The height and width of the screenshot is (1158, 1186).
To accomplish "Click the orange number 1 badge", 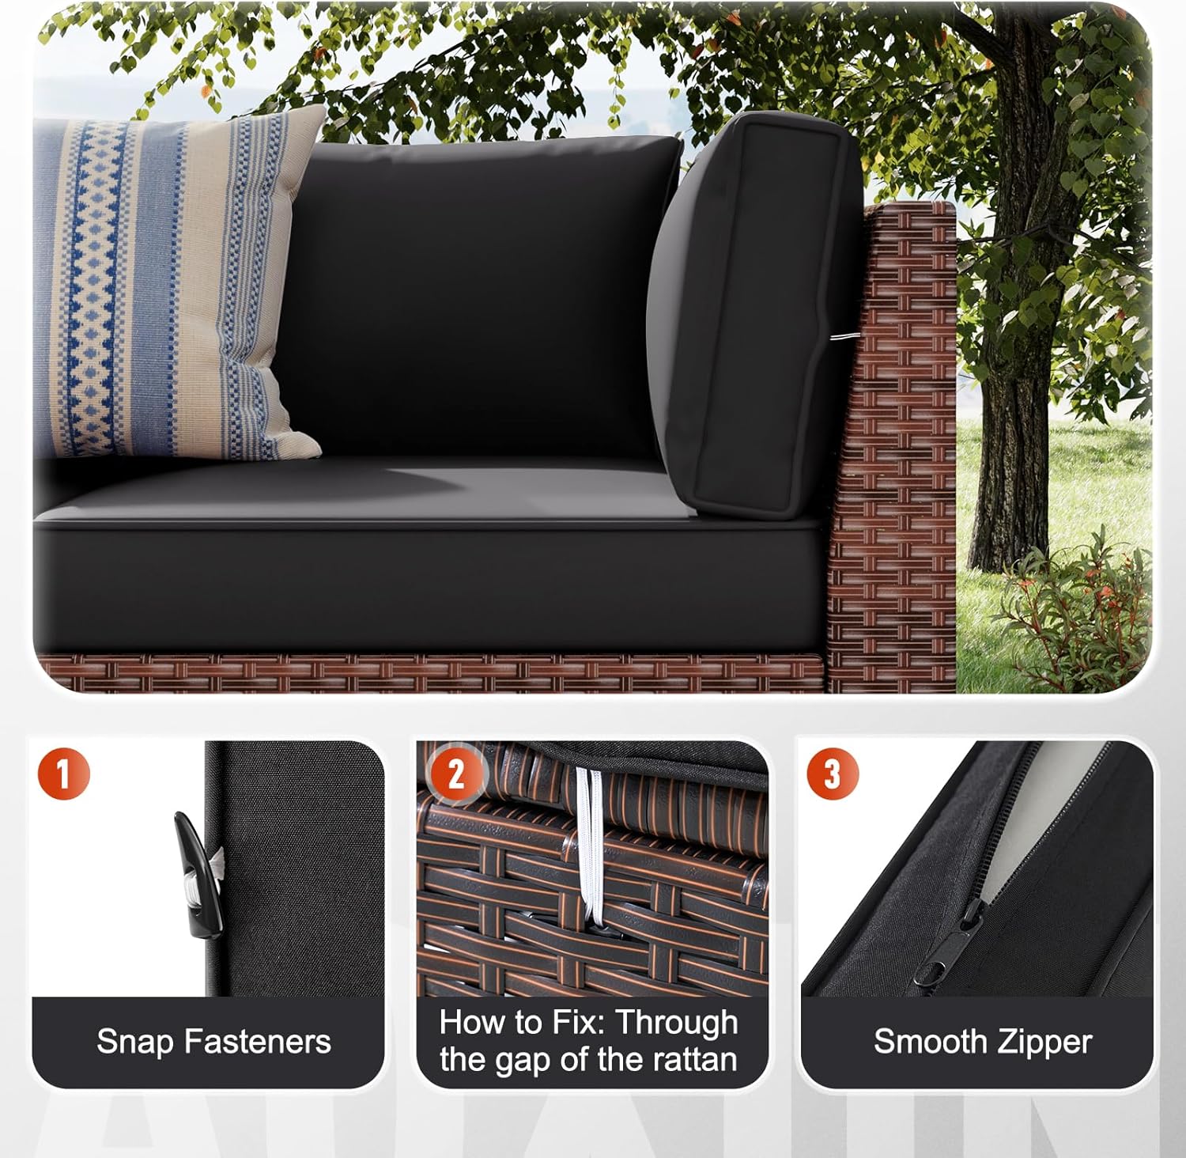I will click(x=63, y=773).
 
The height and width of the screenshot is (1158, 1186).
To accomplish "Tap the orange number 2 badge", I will click(x=455, y=774).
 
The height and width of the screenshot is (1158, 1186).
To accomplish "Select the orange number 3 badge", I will click(x=832, y=773).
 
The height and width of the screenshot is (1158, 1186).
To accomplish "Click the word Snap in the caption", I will click(x=134, y=1042).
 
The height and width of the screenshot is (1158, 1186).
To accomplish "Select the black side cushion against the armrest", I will click(x=755, y=316).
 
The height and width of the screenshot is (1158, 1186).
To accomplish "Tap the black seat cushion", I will click(x=427, y=570).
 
